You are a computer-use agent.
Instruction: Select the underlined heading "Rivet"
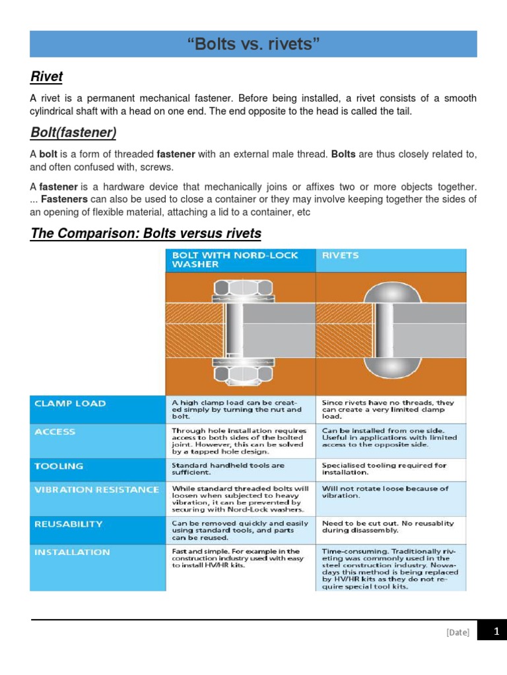click(46, 77)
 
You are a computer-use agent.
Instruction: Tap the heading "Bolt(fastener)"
click(73, 133)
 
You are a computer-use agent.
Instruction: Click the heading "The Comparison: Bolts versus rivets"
click(146, 233)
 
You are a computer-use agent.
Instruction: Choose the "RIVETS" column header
click(341, 255)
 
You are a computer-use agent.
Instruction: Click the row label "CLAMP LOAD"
click(70, 403)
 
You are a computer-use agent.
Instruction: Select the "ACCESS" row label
click(55, 432)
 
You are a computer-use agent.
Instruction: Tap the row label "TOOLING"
click(59, 466)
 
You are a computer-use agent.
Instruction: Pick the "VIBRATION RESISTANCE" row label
click(96, 490)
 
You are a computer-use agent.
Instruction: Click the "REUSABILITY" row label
click(69, 524)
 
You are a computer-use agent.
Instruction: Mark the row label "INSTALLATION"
click(72, 552)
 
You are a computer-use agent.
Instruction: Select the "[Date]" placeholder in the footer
click(457, 632)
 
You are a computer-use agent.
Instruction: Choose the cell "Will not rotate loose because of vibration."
click(385, 492)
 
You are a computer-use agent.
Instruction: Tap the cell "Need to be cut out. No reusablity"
click(388, 526)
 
